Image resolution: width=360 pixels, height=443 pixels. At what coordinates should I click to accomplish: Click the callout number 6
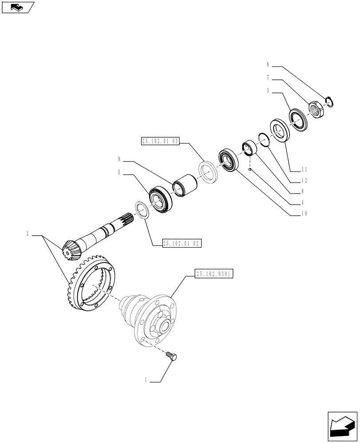(268, 64)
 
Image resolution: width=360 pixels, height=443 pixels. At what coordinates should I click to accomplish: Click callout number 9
(119, 159)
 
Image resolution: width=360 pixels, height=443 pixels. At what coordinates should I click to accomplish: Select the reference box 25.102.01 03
(160, 141)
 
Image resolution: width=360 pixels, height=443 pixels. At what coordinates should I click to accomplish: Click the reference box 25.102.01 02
(182, 243)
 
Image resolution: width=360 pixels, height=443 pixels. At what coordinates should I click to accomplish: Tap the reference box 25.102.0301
(213, 274)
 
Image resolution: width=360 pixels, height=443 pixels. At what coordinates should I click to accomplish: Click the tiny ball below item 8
(250, 169)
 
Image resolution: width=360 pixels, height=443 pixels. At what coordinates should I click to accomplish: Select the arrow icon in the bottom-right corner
(342, 427)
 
